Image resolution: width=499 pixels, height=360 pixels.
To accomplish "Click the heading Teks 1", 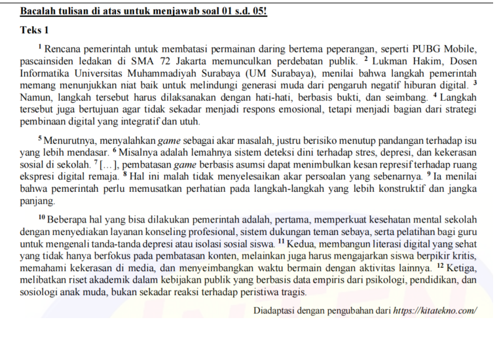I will (35, 30).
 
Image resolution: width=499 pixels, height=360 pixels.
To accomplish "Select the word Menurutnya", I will (70, 140).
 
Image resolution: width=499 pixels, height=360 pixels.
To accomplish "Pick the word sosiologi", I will (41, 292).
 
